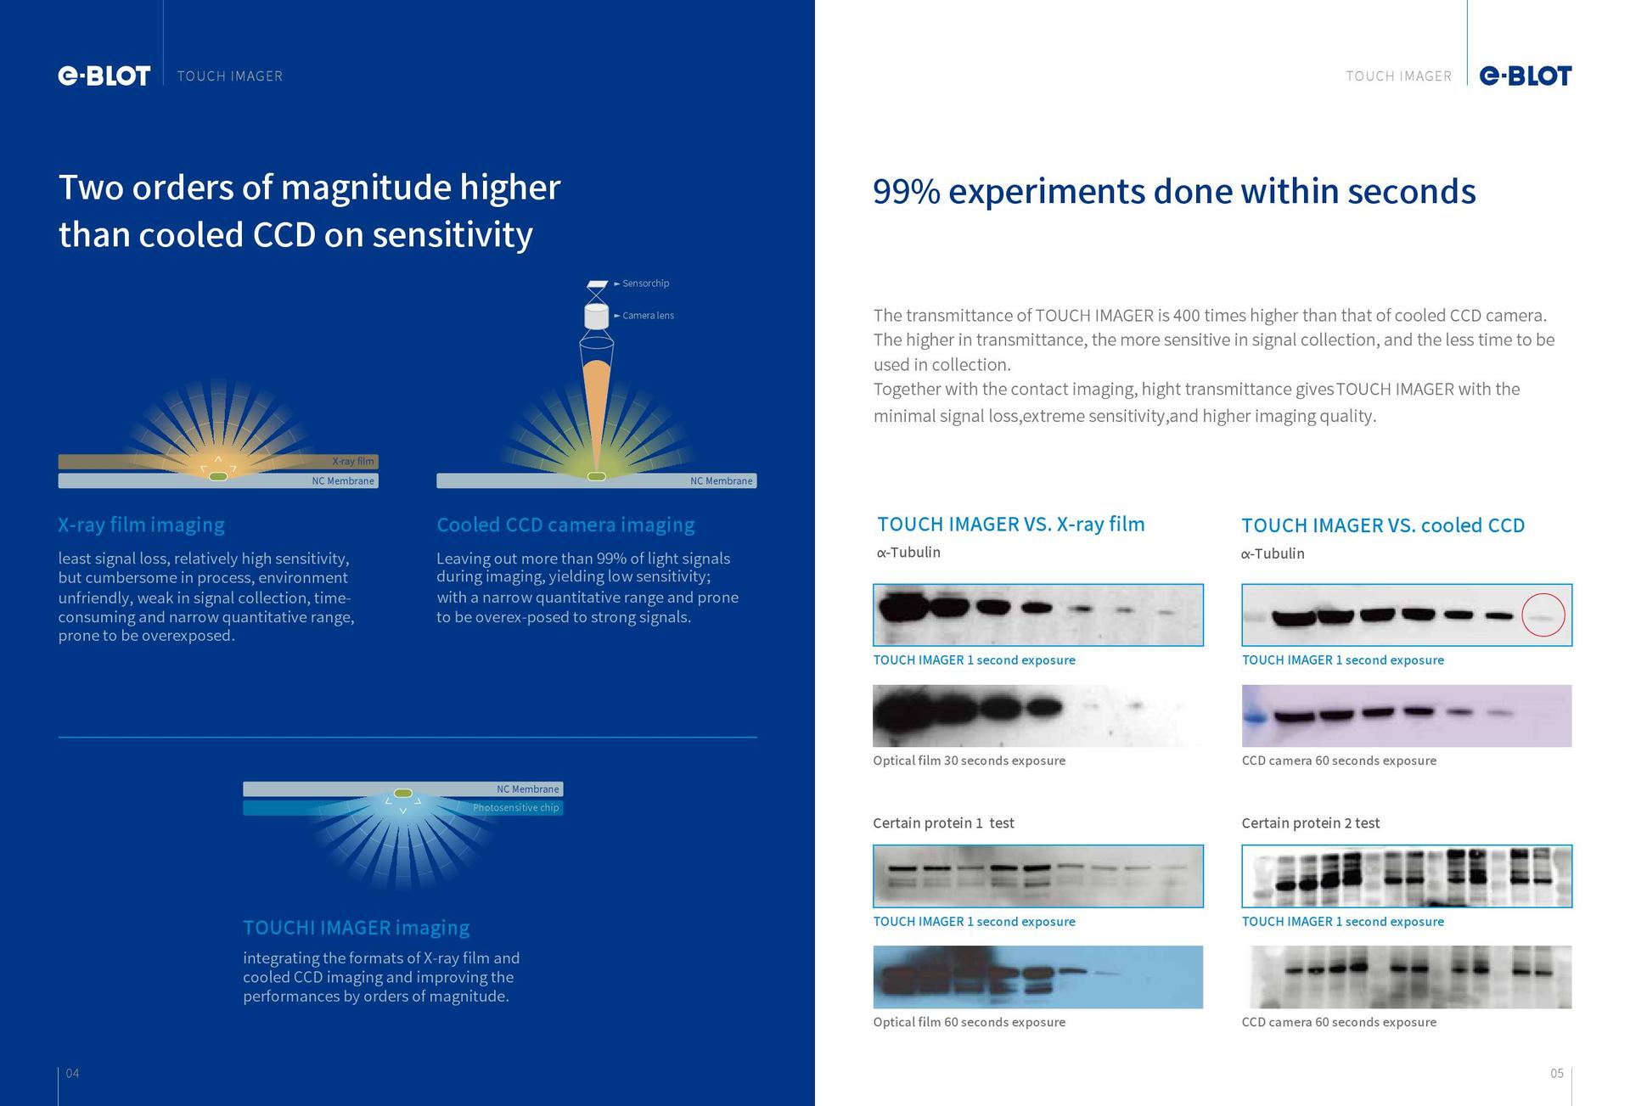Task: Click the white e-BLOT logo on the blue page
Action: pos(104,76)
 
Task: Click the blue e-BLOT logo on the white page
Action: pos(1526,76)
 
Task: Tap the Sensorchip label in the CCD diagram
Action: pos(645,284)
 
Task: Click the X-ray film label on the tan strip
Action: pos(352,462)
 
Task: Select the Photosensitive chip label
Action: pos(516,808)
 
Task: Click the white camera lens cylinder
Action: pos(597,317)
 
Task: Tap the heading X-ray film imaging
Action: pos(141,525)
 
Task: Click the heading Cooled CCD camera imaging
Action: pos(565,525)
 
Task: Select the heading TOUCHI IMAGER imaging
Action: pos(356,928)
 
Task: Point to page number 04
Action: pos(73,1074)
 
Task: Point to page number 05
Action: pos(1557,1074)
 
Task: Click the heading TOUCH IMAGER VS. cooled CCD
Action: pos(1383,525)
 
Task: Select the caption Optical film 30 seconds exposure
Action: pos(969,761)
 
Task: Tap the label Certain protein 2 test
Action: pos(1310,823)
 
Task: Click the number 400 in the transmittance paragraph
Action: pos(1186,316)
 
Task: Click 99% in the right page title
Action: pos(907,192)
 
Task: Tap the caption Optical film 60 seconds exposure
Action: pos(969,1022)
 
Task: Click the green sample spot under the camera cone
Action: pos(597,476)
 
